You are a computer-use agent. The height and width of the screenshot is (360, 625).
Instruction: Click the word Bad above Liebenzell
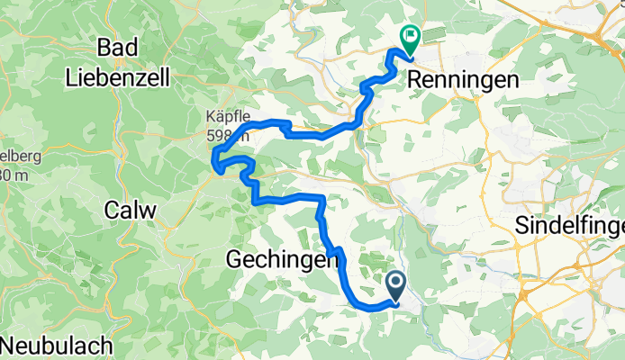[122, 48]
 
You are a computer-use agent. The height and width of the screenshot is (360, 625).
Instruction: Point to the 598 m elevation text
[225, 135]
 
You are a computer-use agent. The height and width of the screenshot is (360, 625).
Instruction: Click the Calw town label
[131, 210]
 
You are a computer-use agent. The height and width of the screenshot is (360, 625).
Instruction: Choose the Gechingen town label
[281, 261]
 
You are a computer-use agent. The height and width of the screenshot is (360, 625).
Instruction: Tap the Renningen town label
[463, 80]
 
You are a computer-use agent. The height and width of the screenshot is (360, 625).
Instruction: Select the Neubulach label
[56, 345]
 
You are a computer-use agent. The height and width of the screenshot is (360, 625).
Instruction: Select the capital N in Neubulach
[9, 345]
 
